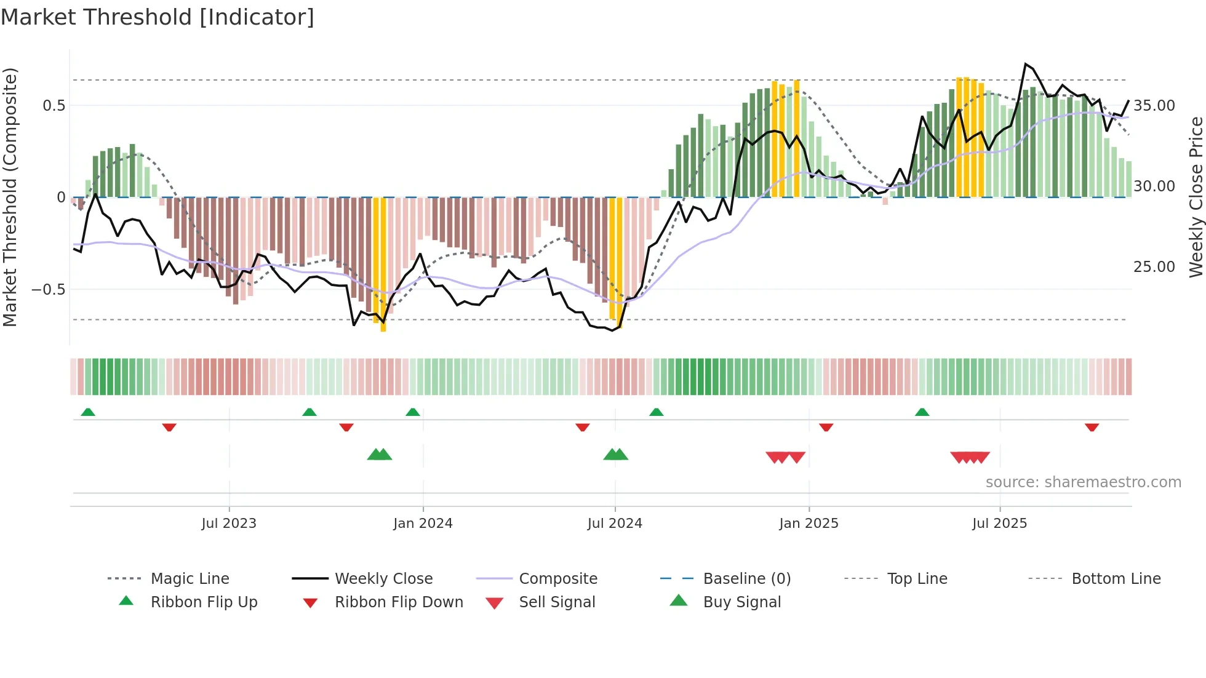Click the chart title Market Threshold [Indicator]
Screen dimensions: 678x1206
coord(158,17)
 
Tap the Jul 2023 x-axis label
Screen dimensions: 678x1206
coord(229,524)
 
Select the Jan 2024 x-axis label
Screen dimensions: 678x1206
coord(423,524)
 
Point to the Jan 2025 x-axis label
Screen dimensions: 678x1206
coord(809,524)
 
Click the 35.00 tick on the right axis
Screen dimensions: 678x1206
coord(1154,106)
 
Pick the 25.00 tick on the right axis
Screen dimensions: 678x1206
coord(1154,267)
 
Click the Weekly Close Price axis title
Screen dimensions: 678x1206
coord(1196,197)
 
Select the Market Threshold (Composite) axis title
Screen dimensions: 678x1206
coord(10,197)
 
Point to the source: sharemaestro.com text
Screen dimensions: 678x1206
coord(1083,482)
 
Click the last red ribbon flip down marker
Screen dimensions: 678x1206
coord(1092,427)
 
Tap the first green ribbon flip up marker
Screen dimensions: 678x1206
coord(88,412)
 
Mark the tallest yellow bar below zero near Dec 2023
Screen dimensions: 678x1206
coord(383,265)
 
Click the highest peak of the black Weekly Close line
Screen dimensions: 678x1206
coord(1026,64)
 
